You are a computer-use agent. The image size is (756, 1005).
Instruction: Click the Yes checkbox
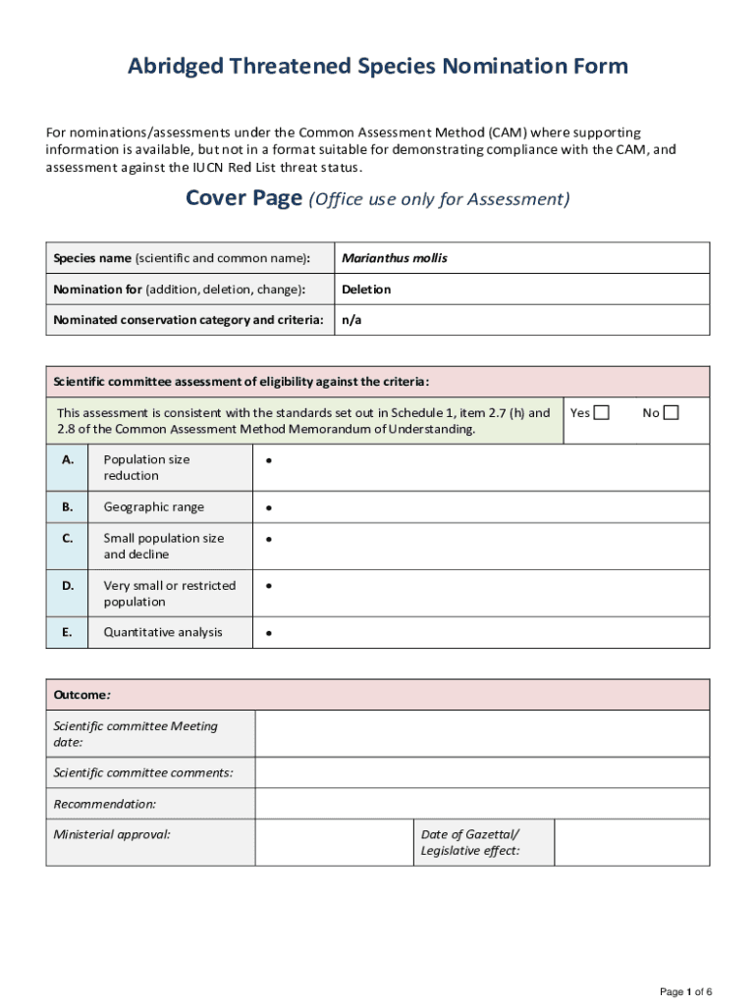click(x=601, y=413)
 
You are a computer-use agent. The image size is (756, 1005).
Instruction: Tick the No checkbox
click(x=671, y=413)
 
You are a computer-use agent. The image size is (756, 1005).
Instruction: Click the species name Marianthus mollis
click(x=394, y=258)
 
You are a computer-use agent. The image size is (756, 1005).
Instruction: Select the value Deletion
click(x=366, y=290)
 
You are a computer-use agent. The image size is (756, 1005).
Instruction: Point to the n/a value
click(x=351, y=320)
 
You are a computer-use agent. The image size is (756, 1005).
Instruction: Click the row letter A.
click(x=67, y=459)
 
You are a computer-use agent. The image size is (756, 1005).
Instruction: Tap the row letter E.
click(x=67, y=632)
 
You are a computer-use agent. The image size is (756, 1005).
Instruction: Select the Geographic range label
click(x=153, y=507)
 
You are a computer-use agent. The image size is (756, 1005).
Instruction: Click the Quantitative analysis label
click(x=163, y=632)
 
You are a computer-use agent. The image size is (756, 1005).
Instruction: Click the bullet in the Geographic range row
click(x=268, y=508)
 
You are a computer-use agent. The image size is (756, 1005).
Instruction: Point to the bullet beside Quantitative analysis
click(x=268, y=634)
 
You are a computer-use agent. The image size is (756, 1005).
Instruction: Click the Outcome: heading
click(x=81, y=695)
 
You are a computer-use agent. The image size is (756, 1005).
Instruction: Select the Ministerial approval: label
click(x=111, y=834)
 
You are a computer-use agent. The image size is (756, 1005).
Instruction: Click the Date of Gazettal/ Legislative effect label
click(x=470, y=842)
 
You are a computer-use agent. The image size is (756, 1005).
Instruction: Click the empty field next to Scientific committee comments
click(x=481, y=772)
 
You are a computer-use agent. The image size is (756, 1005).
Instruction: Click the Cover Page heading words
click(x=243, y=199)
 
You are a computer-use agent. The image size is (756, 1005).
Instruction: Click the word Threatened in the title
click(x=284, y=67)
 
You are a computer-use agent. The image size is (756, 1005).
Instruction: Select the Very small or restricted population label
click(x=169, y=594)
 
